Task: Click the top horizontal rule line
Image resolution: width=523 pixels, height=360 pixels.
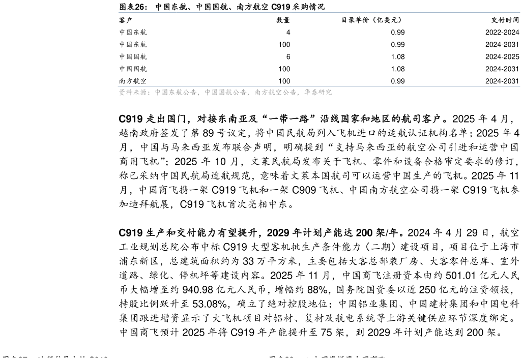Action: (319, 12)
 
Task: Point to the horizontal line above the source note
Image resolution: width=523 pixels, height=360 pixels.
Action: (319, 86)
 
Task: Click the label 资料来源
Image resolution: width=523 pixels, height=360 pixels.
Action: (133, 93)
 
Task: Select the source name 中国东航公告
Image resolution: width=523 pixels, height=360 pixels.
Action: (176, 93)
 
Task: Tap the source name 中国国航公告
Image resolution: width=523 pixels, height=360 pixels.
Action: (225, 93)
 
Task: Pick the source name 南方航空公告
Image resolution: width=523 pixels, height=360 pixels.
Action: (275, 93)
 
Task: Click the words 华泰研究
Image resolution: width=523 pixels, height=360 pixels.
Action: (318, 93)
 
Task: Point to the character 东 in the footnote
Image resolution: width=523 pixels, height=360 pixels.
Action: (172, 93)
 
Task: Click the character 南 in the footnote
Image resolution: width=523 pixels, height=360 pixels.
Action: (257, 93)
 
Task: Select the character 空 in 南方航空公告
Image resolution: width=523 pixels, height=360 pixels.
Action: (279, 93)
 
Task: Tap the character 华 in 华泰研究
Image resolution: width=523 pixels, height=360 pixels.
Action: (307, 93)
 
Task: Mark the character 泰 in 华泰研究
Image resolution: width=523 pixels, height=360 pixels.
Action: (314, 93)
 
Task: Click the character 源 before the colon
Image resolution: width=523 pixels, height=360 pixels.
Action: (143, 93)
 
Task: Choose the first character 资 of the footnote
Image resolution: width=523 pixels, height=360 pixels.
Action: (122, 93)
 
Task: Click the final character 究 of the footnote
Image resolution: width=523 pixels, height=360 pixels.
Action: (329, 93)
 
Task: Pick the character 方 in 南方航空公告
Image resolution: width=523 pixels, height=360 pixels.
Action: (265, 93)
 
